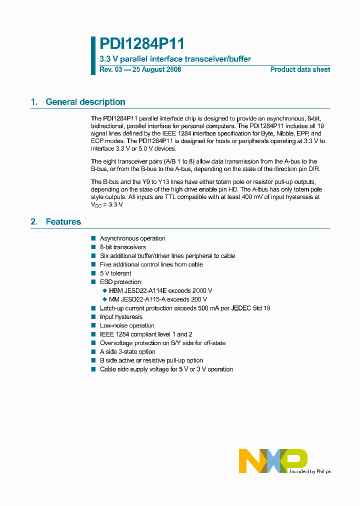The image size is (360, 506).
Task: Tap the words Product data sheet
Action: pos(300,69)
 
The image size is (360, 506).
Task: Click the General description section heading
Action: pos(85,102)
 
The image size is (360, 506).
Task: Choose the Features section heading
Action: pos(63,221)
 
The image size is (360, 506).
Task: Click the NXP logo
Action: pos(273,460)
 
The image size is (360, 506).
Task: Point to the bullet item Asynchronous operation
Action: pos(132,238)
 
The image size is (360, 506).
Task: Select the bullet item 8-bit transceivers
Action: pos(123,247)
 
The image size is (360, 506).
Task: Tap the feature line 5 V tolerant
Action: pos(115,273)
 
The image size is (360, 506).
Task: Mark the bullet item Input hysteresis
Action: pos(121,316)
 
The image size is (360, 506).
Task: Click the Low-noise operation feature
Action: pos(127,325)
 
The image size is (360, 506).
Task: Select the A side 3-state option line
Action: pos(127,351)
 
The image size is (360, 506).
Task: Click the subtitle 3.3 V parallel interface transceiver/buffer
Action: pos(175,59)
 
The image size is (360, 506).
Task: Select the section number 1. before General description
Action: pos(34,102)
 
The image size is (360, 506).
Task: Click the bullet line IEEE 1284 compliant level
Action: pos(146,334)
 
